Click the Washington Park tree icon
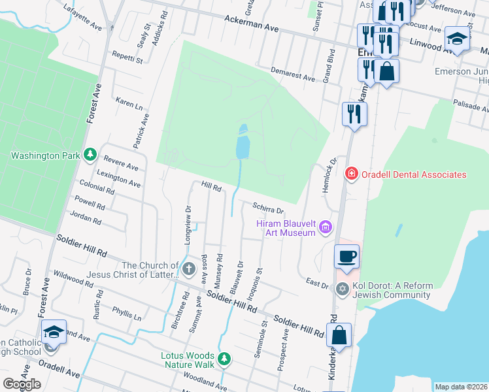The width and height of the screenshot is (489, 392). [x=90, y=155]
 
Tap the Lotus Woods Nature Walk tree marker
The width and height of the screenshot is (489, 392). [x=224, y=359]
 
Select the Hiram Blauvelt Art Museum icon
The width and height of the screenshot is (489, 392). [x=326, y=227]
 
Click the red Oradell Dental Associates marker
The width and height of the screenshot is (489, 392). [x=351, y=174]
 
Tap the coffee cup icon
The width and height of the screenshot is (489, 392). [x=346, y=256]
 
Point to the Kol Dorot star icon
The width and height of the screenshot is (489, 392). [x=341, y=288]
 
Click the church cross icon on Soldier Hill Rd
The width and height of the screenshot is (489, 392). [x=189, y=269]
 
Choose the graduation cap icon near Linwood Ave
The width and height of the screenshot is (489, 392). [x=457, y=38]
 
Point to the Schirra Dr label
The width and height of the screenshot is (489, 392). [x=268, y=208]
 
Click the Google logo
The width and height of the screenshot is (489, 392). [x=22, y=384]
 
